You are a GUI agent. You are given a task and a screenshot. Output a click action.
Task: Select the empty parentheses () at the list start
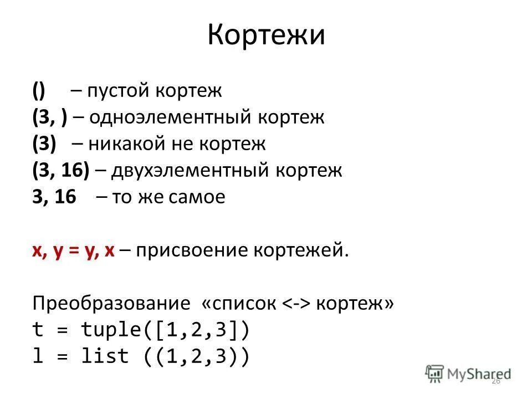pyautogui.click(x=38, y=91)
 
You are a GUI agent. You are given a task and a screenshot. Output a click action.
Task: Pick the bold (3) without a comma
pyautogui.click(x=44, y=144)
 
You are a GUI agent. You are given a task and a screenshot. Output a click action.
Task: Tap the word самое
pyautogui.click(x=198, y=197)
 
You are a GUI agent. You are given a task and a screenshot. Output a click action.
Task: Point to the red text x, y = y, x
pyautogui.click(x=73, y=250)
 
